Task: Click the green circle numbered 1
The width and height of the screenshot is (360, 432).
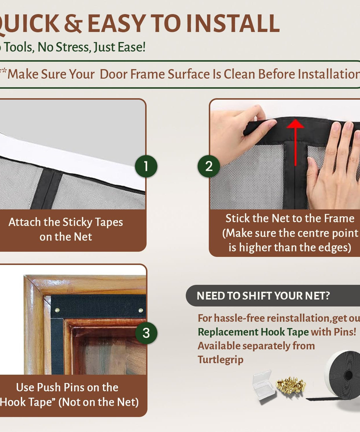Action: (146, 166)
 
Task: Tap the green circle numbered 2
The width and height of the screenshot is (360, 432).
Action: (209, 166)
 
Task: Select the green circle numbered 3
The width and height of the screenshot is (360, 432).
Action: (146, 333)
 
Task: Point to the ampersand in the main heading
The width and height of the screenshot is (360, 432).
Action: (73, 24)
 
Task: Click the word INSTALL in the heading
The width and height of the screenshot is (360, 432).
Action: (233, 24)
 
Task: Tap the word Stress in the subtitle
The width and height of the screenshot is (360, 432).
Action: (73, 47)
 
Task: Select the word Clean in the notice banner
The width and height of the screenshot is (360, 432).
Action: (240, 74)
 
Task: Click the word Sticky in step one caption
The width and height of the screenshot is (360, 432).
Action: (77, 222)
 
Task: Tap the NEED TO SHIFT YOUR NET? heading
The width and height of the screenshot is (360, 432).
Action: (263, 296)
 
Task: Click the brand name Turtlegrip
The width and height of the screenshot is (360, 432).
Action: (220, 360)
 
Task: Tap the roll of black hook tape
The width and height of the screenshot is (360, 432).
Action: (343, 374)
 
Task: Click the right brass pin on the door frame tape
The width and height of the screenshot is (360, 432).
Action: (141, 310)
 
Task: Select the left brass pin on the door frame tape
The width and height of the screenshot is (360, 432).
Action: (57, 310)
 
